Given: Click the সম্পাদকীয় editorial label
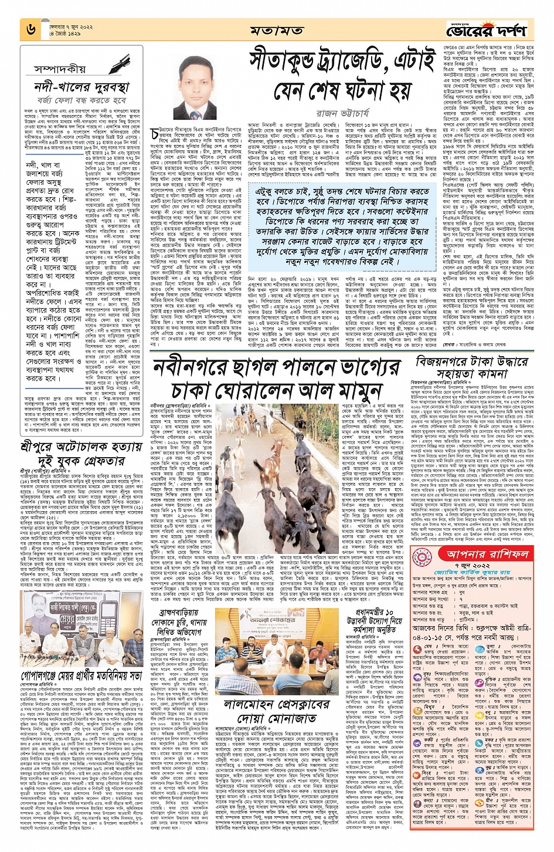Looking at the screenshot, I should click(x=60, y=69).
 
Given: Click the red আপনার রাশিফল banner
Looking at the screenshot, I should click(x=479, y=554).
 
